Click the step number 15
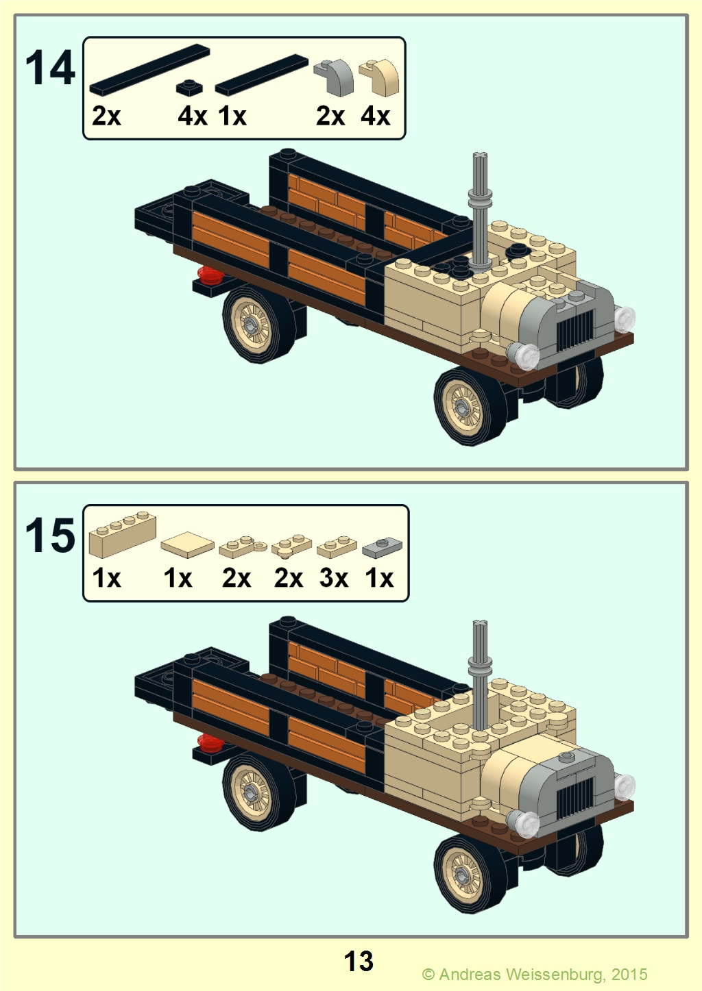click(50, 536)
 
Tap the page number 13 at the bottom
click(359, 961)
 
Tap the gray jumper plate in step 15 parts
click(382, 547)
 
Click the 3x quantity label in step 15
click(333, 577)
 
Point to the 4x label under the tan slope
click(375, 116)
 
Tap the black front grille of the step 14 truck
click(575, 329)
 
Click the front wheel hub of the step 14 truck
click(463, 405)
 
